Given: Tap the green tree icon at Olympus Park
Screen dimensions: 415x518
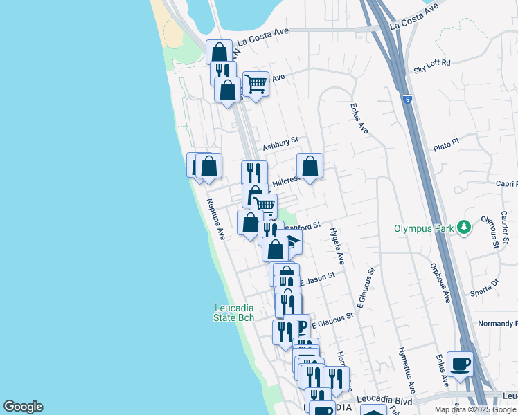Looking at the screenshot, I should point(466,227).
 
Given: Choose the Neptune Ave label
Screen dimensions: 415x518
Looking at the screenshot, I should point(217,219).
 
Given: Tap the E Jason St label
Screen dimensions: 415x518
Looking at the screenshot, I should point(317,278).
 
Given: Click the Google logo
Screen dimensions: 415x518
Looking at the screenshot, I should point(23,407).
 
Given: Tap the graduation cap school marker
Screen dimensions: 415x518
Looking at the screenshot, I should point(294,242).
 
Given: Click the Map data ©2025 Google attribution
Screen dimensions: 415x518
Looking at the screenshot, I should point(475,409).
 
